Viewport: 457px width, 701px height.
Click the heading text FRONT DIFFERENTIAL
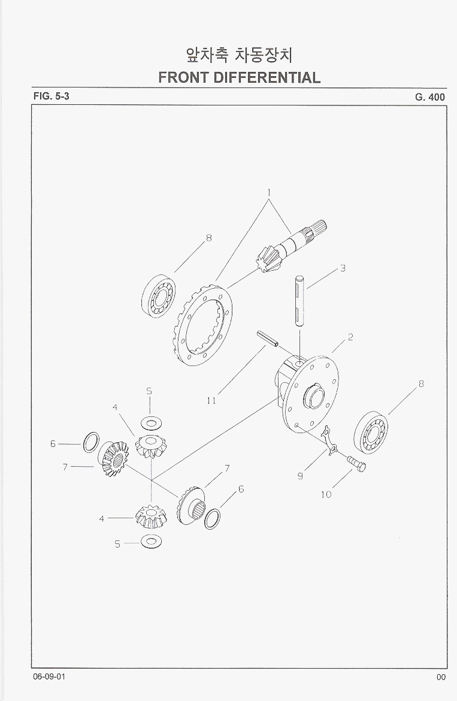[x=240, y=77]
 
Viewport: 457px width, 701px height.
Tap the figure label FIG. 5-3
[x=52, y=96]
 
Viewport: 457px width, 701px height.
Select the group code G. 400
[x=430, y=97]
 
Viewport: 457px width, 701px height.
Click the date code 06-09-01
[x=49, y=676]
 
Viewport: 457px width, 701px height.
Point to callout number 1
[x=269, y=193]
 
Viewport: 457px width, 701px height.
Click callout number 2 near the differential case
[x=350, y=337]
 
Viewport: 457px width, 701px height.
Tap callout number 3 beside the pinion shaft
[x=343, y=268]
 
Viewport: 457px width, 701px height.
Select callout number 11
[x=211, y=401]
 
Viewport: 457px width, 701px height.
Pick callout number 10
[x=326, y=494]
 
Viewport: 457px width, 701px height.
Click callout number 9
[x=300, y=476]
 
